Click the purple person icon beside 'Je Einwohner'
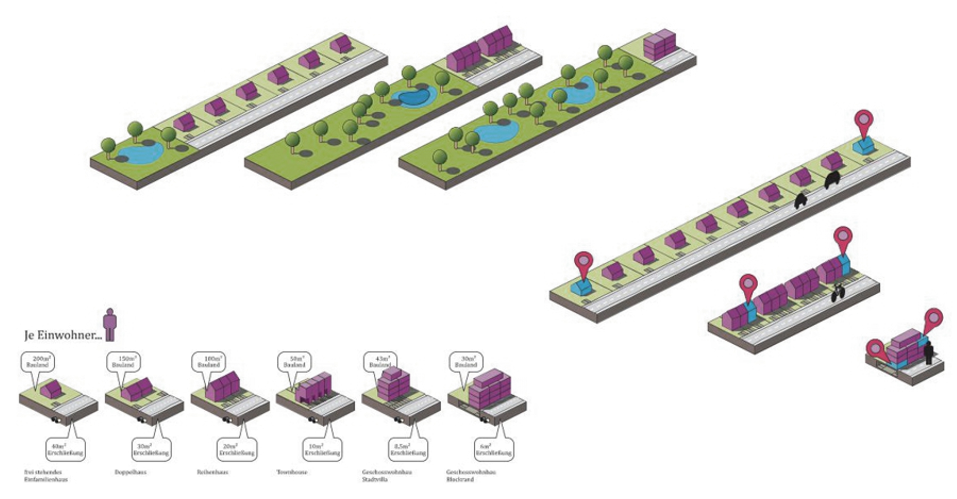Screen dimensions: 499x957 (x=110, y=324)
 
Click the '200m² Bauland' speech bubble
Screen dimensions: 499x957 (x=38, y=362)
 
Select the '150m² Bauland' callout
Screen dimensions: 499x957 (x=123, y=362)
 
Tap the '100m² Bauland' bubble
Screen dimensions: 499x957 (x=208, y=362)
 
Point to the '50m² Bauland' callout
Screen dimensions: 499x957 (x=295, y=362)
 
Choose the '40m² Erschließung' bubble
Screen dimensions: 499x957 (x=65, y=450)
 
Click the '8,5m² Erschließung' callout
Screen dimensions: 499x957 (x=408, y=450)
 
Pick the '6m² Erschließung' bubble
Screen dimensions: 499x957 (x=493, y=450)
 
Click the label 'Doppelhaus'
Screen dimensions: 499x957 (x=130, y=472)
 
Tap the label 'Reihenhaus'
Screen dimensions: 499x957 (x=212, y=472)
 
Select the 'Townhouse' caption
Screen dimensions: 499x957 (x=292, y=472)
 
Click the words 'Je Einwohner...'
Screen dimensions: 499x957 (x=63, y=335)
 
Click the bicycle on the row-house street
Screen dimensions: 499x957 (x=838, y=293)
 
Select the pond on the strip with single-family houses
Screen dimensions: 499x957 (x=140, y=153)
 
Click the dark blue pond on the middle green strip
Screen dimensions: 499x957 (x=414, y=97)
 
